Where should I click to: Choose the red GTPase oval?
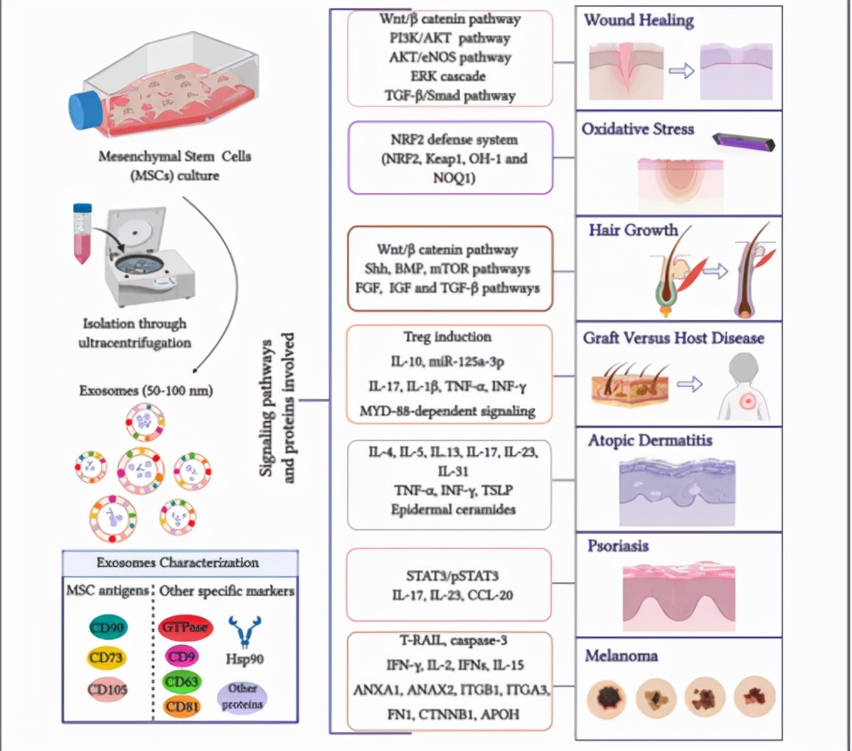tap(185, 628)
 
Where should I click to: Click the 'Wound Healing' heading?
tap(638, 20)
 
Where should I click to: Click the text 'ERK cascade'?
tap(450, 76)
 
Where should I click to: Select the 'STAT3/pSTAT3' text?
tap(450, 576)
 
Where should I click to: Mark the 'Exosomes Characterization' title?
tap(179, 563)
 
